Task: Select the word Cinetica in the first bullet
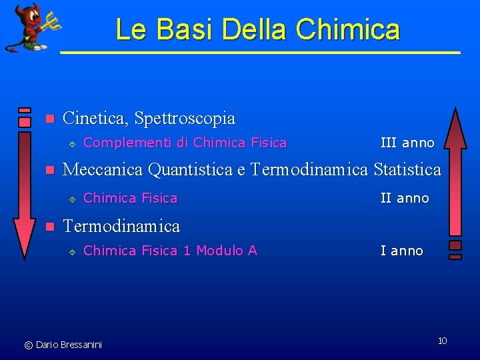click(x=94, y=119)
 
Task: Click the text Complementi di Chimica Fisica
click(x=185, y=143)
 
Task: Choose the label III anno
click(x=407, y=143)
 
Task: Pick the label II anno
click(x=404, y=198)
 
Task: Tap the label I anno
click(x=401, y=251)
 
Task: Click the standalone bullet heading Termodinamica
click(x=121, y=226)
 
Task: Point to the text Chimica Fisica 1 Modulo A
click(x=170, y=251)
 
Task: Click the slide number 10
click(x=442, y=341)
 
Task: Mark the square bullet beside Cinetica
click(x=47, y=119)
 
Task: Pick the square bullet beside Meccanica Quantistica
click(x=47, y=171)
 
